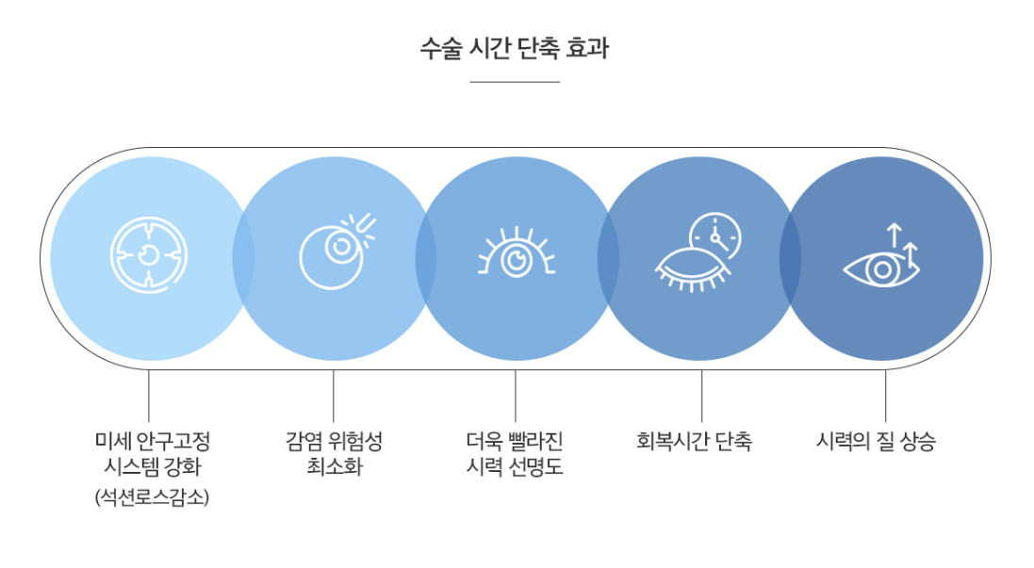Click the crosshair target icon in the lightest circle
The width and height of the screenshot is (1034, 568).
pos(149,255)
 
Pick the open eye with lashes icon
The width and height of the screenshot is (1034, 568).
pos(516,255)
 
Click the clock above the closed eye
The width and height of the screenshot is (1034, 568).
pos(714,235)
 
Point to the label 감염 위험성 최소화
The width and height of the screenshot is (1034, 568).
pos(334,453)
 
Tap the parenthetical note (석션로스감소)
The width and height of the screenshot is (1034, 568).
pos(152,496)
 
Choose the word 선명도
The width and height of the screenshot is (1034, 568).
pos(535,466)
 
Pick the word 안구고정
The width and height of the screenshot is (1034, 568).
pos(173,441)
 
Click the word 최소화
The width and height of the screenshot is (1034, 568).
pos(334,466)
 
